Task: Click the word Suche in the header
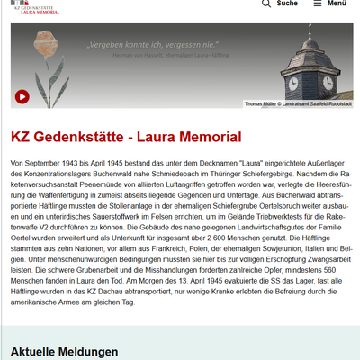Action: point(287,4)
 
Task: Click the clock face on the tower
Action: point(293,82)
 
